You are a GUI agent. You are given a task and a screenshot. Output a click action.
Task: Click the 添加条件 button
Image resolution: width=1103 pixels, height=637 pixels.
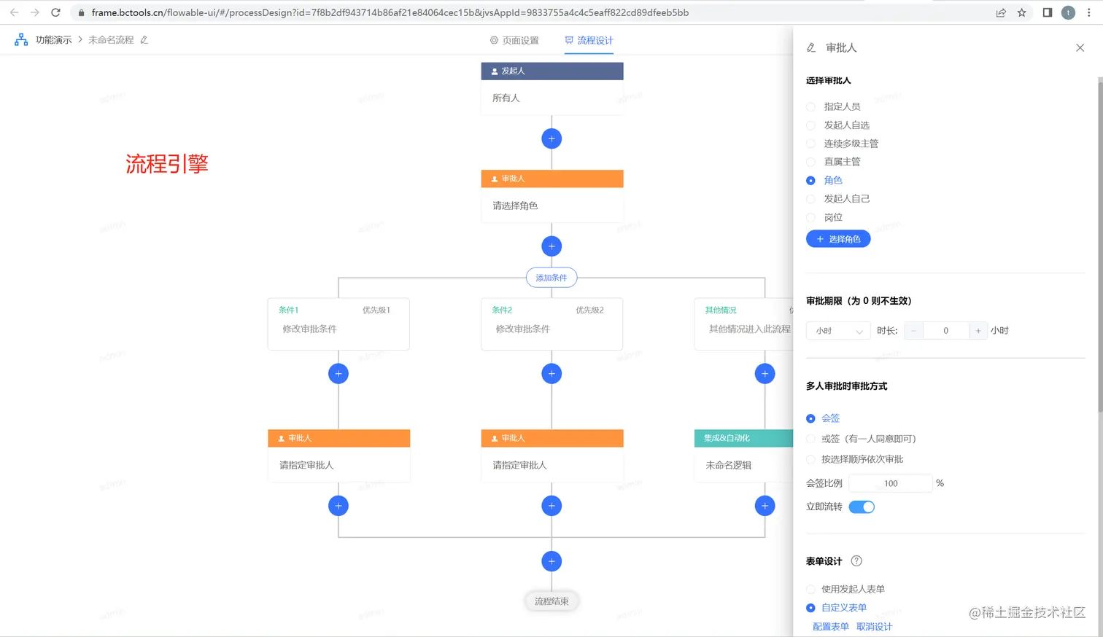coord(551,278)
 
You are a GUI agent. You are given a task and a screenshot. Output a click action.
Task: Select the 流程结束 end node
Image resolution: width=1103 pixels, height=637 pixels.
coord(551,601)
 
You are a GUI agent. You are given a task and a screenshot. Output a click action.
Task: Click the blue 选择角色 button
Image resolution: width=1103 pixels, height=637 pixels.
coord(838,239)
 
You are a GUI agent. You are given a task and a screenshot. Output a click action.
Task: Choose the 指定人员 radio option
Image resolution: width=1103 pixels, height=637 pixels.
coord(810,106)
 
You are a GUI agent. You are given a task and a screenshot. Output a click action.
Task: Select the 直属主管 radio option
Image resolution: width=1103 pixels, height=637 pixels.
coord(810,162)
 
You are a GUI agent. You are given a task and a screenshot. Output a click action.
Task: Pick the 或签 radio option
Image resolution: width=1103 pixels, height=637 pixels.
coord(810,439)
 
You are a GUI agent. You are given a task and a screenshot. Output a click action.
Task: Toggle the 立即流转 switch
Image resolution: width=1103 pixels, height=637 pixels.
coord(862,507)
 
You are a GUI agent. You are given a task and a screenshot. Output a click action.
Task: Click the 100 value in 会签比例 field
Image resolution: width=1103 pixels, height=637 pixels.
coord(891,483)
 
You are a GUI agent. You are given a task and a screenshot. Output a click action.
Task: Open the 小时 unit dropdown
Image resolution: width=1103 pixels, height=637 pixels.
coord(838,331)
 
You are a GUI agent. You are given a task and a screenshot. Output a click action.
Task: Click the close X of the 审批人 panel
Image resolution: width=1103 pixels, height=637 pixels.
coord(1080,48)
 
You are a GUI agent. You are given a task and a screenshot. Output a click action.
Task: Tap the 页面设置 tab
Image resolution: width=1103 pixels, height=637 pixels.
coord(514,41)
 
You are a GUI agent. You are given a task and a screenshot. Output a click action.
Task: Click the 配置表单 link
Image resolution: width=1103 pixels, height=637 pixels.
coord(831,627)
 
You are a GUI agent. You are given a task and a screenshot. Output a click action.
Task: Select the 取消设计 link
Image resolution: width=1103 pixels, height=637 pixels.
coord(874,627)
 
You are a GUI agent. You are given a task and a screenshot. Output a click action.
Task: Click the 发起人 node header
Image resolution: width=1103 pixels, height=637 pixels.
coord(552,71)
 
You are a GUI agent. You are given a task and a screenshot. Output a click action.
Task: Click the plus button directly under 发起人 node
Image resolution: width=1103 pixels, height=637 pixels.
coord(551,138)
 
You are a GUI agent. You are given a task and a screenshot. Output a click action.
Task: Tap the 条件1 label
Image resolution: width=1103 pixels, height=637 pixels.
coord(288,310)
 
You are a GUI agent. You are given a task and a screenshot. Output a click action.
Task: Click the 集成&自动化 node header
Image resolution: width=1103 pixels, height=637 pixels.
coord(743,438)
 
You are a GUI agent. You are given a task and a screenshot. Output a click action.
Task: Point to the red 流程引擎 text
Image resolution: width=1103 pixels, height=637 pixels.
coord(167,164)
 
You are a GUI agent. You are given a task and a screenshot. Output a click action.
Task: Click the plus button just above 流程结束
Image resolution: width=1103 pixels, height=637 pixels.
coord(551,561)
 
